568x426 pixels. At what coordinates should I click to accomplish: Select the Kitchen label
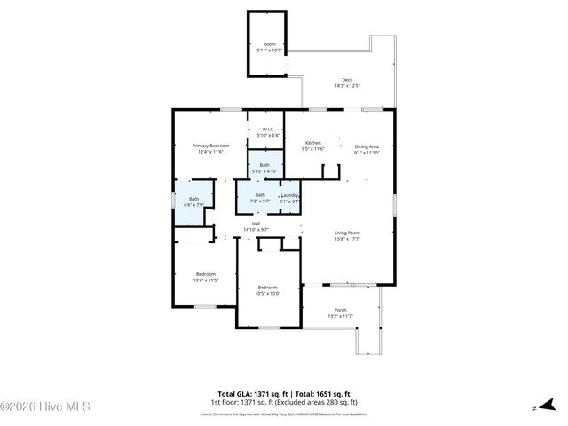coord(313,143)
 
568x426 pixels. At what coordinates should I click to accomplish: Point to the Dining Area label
coord(367,146)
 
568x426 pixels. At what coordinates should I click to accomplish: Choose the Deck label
coord(347,79)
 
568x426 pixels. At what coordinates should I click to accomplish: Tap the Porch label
coord(341,310)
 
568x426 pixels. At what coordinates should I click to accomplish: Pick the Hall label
coord(256,223)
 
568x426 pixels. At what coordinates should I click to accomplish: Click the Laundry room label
coord(290,195)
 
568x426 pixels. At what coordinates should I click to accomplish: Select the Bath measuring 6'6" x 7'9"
coord(193,199)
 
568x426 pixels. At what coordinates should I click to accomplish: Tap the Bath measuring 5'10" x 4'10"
coord(264,165)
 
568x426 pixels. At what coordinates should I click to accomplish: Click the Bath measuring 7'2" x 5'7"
coord(260,195)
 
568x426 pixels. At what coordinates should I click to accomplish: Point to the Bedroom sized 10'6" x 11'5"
coord(206,274)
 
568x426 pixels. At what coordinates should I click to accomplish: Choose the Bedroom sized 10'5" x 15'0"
coord(268,288)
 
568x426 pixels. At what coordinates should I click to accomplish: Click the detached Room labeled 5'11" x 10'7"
coord(269,44)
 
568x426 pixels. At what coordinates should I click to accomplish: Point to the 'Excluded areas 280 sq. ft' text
coord(318,401)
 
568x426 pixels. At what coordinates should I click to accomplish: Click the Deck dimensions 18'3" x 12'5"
coord(347,85)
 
